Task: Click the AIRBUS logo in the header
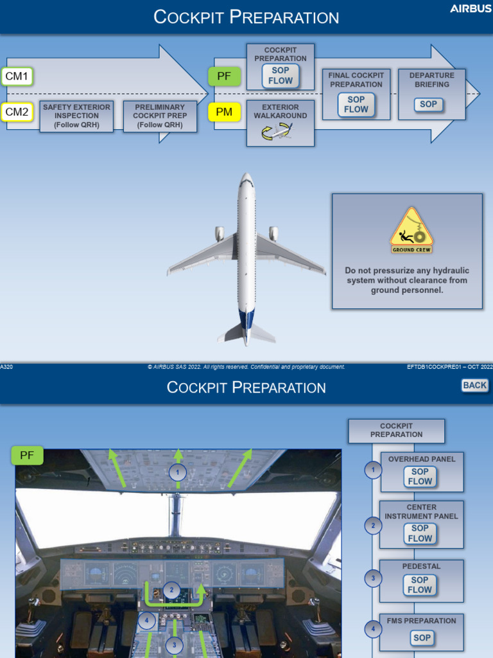[x=471, y=8]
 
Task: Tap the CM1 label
[x=17, y=77]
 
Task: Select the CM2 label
[x=17, y=112]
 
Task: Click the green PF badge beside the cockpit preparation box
[x=224, y=76]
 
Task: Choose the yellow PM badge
[x=224, y=112]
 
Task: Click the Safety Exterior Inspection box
[x=76, y=116]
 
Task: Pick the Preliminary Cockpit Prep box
[x=160, y=116]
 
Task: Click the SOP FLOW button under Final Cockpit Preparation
[x=356, y=105]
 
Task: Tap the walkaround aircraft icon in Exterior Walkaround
[x=277, y=132]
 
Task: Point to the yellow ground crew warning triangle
[x=411, y=230]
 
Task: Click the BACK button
[x=475, y=385]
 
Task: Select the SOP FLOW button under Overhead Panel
[x=420, y=476]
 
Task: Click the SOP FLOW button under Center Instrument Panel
[x=420, y=533]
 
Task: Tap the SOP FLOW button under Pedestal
[x=420, y=585]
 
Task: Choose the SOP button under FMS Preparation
[x=422, y=637]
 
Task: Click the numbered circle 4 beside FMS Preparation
[x=373, y=629]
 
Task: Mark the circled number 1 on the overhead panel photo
[x=178, y=473]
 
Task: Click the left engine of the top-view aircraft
[x=220, y=233]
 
